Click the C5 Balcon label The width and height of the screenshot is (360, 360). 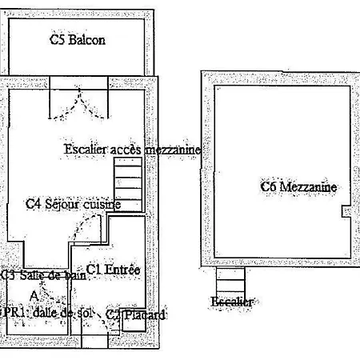tap(78, 38)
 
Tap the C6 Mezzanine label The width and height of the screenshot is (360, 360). tap(298, 187)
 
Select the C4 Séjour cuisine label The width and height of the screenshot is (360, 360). tap(73, 204)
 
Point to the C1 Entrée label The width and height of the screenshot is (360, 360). tap(113, 270)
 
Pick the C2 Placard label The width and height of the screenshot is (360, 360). tap(136, 315)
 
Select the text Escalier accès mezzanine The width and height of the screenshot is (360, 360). tap(132, 150)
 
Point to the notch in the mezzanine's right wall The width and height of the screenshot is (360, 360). tap(345, 210)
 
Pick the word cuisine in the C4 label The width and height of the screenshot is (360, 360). tap(102, 204)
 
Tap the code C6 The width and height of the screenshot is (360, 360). tap(269, 187)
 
